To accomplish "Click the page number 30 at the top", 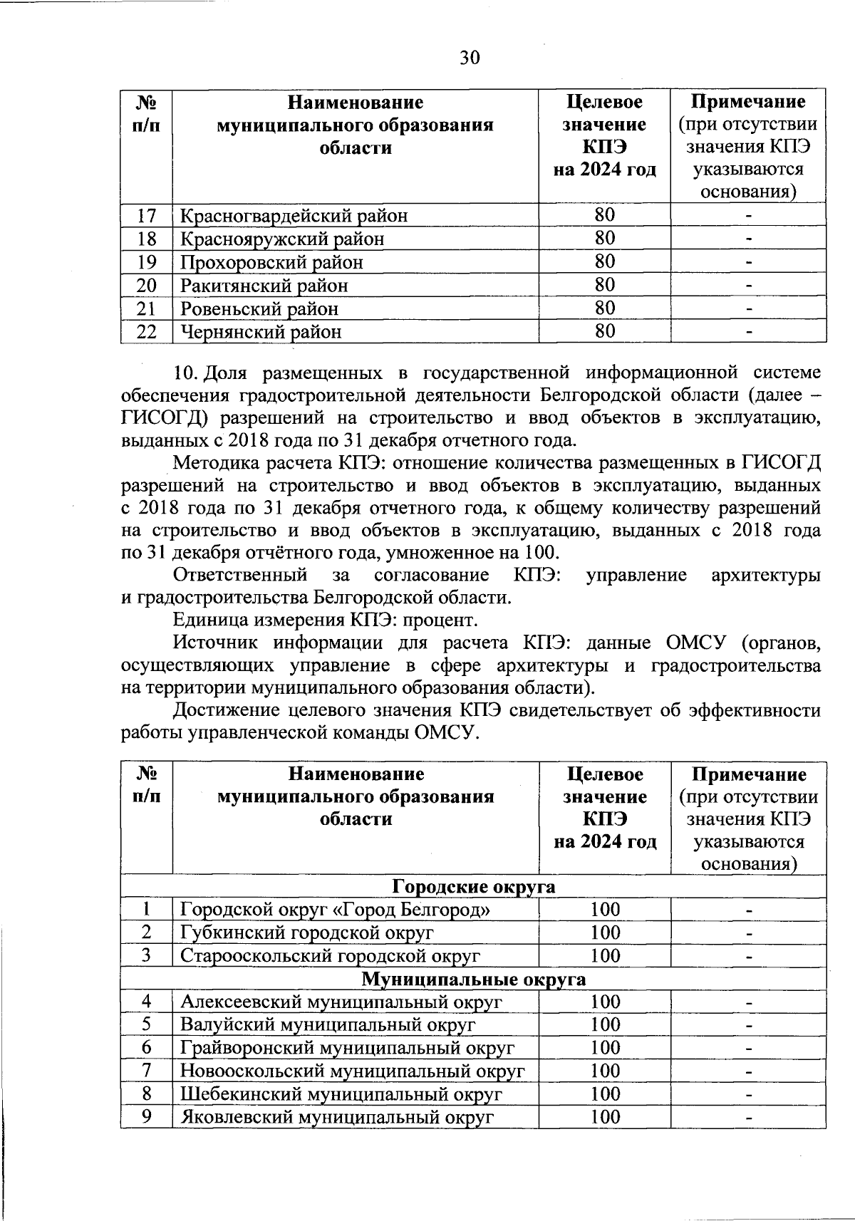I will click(470, 57).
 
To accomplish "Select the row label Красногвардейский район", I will click(294, 215).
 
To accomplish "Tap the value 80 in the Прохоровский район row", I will click(604, 261).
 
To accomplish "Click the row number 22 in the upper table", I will click(146, 331).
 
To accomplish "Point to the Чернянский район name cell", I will click(260, 331).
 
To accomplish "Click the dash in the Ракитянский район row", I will click(748, 286).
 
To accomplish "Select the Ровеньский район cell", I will click(259, 308).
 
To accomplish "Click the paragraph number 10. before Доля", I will click(187, 373).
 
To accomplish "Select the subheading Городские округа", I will click(473, 886).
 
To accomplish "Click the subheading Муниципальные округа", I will click(473, 979).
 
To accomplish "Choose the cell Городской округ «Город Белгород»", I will click(335, 910).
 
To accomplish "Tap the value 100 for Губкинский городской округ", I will click(605, 932).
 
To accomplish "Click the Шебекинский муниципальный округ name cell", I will click(341, 1093).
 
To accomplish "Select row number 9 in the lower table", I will click(146, 1116).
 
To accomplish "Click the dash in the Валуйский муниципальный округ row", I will click(748, 1026).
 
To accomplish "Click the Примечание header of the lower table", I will click(748, 774).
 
